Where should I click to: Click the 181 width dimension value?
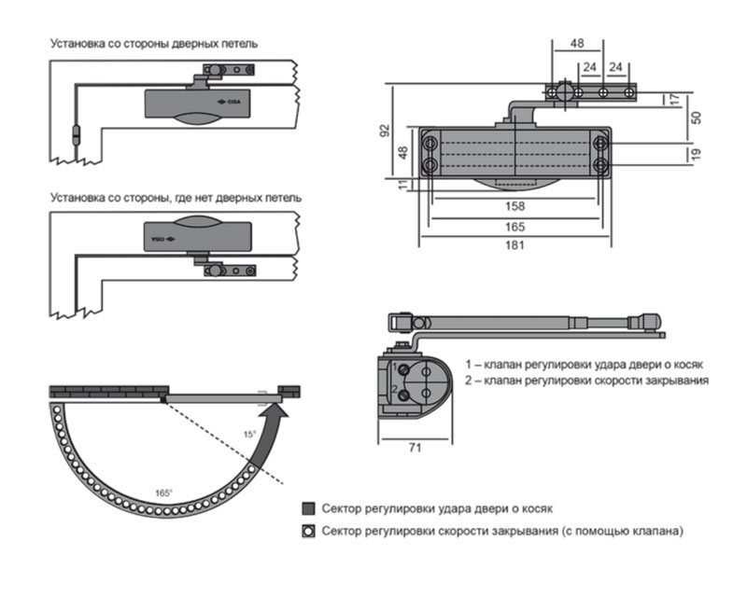click(514, 246)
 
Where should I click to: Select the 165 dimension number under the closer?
click(514, 227)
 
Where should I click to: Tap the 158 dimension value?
click(514, 206)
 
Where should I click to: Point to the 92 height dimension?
click(383, 132)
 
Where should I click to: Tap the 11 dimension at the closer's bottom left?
click(403, 185)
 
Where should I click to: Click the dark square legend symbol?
click(308, 509)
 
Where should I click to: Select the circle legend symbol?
click(308, 531)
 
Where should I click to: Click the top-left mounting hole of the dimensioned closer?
click(430, 143)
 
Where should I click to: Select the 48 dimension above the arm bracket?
click(577, 43)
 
